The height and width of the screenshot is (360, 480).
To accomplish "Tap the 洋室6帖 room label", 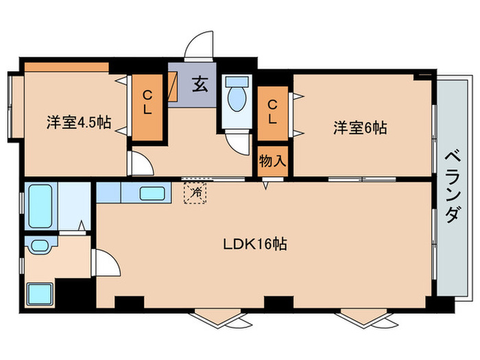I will point(360,128).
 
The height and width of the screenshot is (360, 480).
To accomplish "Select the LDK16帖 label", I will point(254,243).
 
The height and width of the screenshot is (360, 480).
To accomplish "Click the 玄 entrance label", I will point(200,86).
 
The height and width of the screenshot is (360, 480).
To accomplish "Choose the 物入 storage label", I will point(272,163).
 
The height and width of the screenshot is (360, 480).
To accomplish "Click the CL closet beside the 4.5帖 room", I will point(148,106).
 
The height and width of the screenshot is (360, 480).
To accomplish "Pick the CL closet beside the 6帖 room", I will point(273,112).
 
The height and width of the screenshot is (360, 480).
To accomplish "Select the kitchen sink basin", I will point(152,193).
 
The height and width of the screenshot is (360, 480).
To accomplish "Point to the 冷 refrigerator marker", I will point(197,193).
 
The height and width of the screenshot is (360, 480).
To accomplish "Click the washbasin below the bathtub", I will point(38,245).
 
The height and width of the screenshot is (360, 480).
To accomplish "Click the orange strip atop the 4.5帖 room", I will point(67,67).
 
